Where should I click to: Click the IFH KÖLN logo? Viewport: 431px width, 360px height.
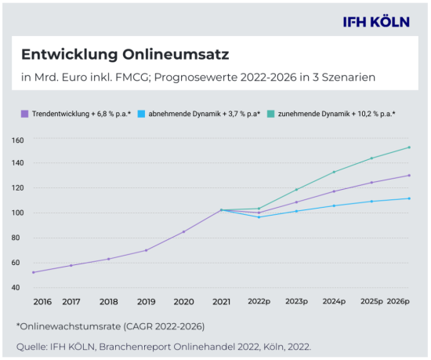pyautogui.click(x=375, y=22)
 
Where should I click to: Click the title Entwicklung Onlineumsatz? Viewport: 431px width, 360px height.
pyautogui.click(x=125, y=56)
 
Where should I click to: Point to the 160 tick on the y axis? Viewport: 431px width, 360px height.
pyautogui.click(x=18, y=140)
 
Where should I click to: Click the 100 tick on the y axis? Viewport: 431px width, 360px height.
pyautogui.click(x=18, y=213)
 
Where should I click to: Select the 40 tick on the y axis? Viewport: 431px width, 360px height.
pyautogui.click(x=18, y=287)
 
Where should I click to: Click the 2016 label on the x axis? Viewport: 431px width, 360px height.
pyautogui.click(x=42, y=301)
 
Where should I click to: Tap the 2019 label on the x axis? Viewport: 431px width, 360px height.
pyautogui.click(x=146, y=301)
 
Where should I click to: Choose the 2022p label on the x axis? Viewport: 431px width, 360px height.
pyautogui.click(x=259, y=301)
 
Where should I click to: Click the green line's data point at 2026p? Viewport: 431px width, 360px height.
pyautogui.click(x=409, y=147)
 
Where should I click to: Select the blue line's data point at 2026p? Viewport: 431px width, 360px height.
pyautogui.click(x=409, y=198)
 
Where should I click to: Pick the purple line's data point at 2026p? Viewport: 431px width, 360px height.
pyautogui.click(x=409, y=176)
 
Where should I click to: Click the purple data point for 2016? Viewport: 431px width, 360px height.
pyautogui.click(x=34, y=272)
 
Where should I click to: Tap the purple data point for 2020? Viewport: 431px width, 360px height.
pyautogui.click(x=184, y=231)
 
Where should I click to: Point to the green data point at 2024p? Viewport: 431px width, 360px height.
pyautogui.click(x=334, y=172)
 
